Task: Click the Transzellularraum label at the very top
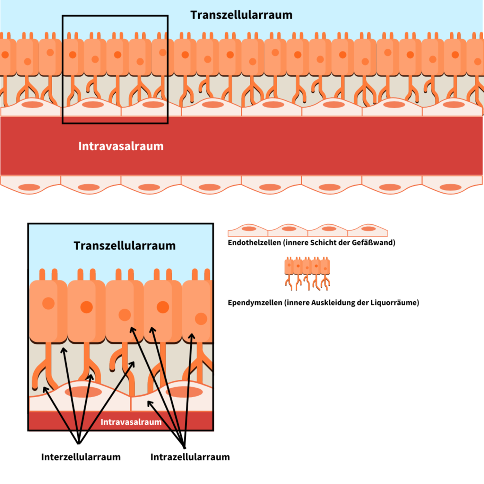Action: [x=241, y=15]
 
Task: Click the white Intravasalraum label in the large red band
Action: [x=121, y=146]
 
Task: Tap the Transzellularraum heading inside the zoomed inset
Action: [x=124, y=246]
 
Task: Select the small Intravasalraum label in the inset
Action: [x=131, y=422]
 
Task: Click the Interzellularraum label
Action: [x=81, y=457]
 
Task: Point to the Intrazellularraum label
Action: [x=190, y=457]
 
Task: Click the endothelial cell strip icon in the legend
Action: [x=308, y=230]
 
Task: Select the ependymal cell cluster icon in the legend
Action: [x=307, y=274]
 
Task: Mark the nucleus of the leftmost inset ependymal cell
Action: [x=48, y=303]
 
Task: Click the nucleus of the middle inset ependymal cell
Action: [x=125, y=315]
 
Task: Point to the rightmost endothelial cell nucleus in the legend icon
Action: [x=368, y=229]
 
